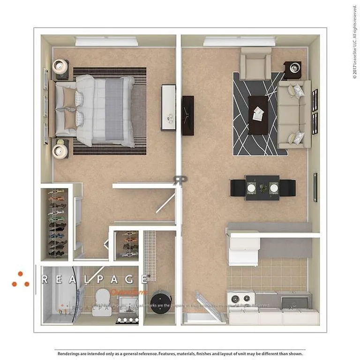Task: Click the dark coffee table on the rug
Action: coord(258,114)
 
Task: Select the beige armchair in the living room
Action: coord(255,64)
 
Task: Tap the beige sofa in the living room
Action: coord(293,114)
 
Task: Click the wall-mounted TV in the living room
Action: coord(187,115)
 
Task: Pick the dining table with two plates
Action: coord(262,187)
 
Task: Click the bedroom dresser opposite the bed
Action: coord(168,107)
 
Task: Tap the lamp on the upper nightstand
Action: coord(61,67)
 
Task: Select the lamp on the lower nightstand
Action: coord(60,150)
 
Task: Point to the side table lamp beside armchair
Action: coord(293,68)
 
